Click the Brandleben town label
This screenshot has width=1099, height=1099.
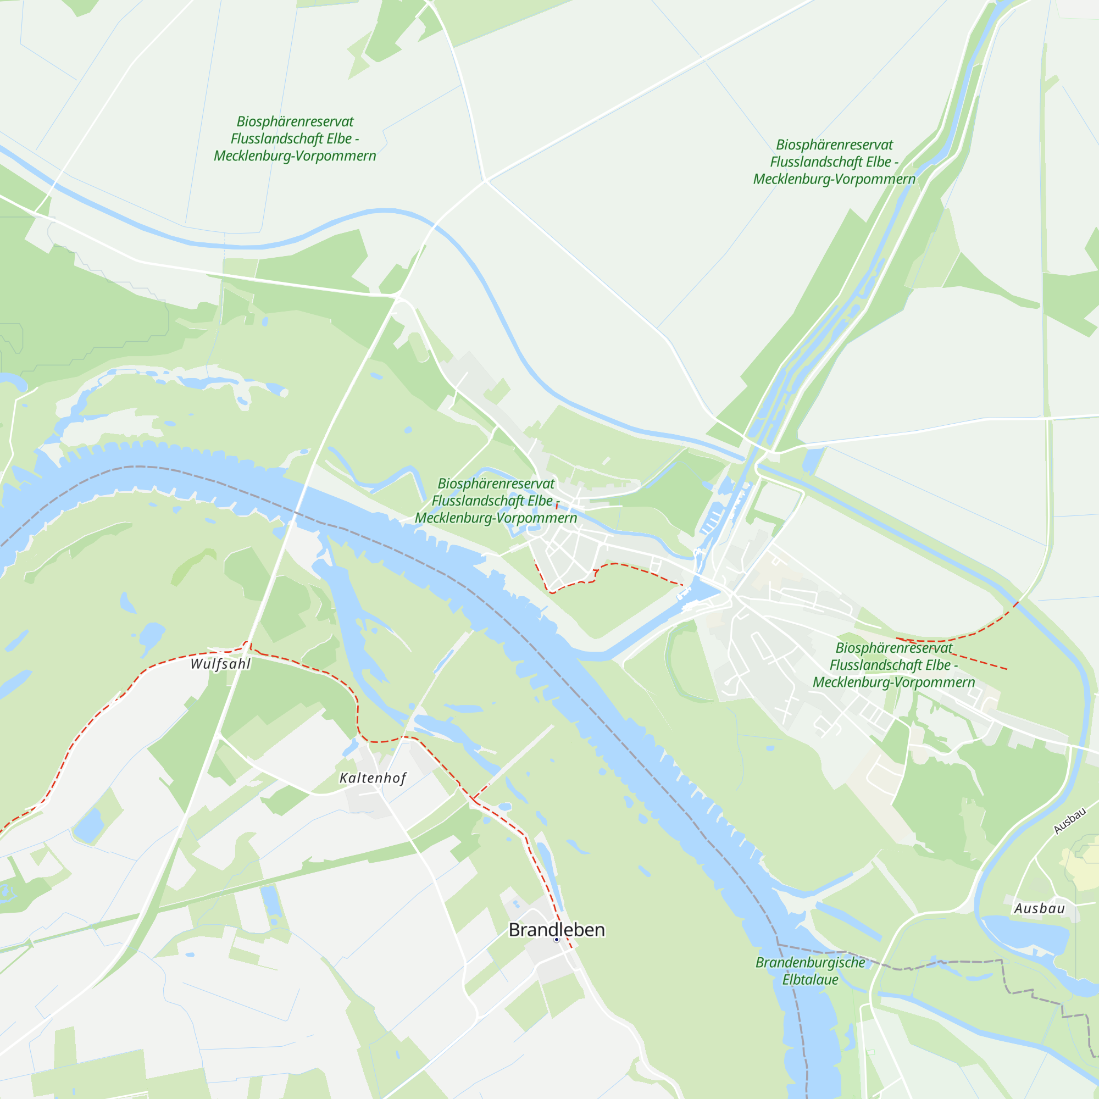(x=556, y=930)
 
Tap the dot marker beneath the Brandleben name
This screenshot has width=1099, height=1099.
(x=556, y=940)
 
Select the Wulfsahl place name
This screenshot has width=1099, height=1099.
(x=220, y=664)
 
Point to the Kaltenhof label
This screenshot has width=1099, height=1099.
(x=373, y=778)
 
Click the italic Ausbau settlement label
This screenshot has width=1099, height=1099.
(x=1039, y=908)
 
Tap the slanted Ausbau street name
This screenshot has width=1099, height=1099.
(x=1069, y=821)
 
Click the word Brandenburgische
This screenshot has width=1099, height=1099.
(x=810, y=963)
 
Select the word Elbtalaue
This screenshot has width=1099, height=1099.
(x=810, y=980)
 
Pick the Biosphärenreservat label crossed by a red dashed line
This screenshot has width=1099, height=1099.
(x=893, y=664)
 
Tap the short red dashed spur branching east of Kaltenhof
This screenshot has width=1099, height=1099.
(x=481, y=791)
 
